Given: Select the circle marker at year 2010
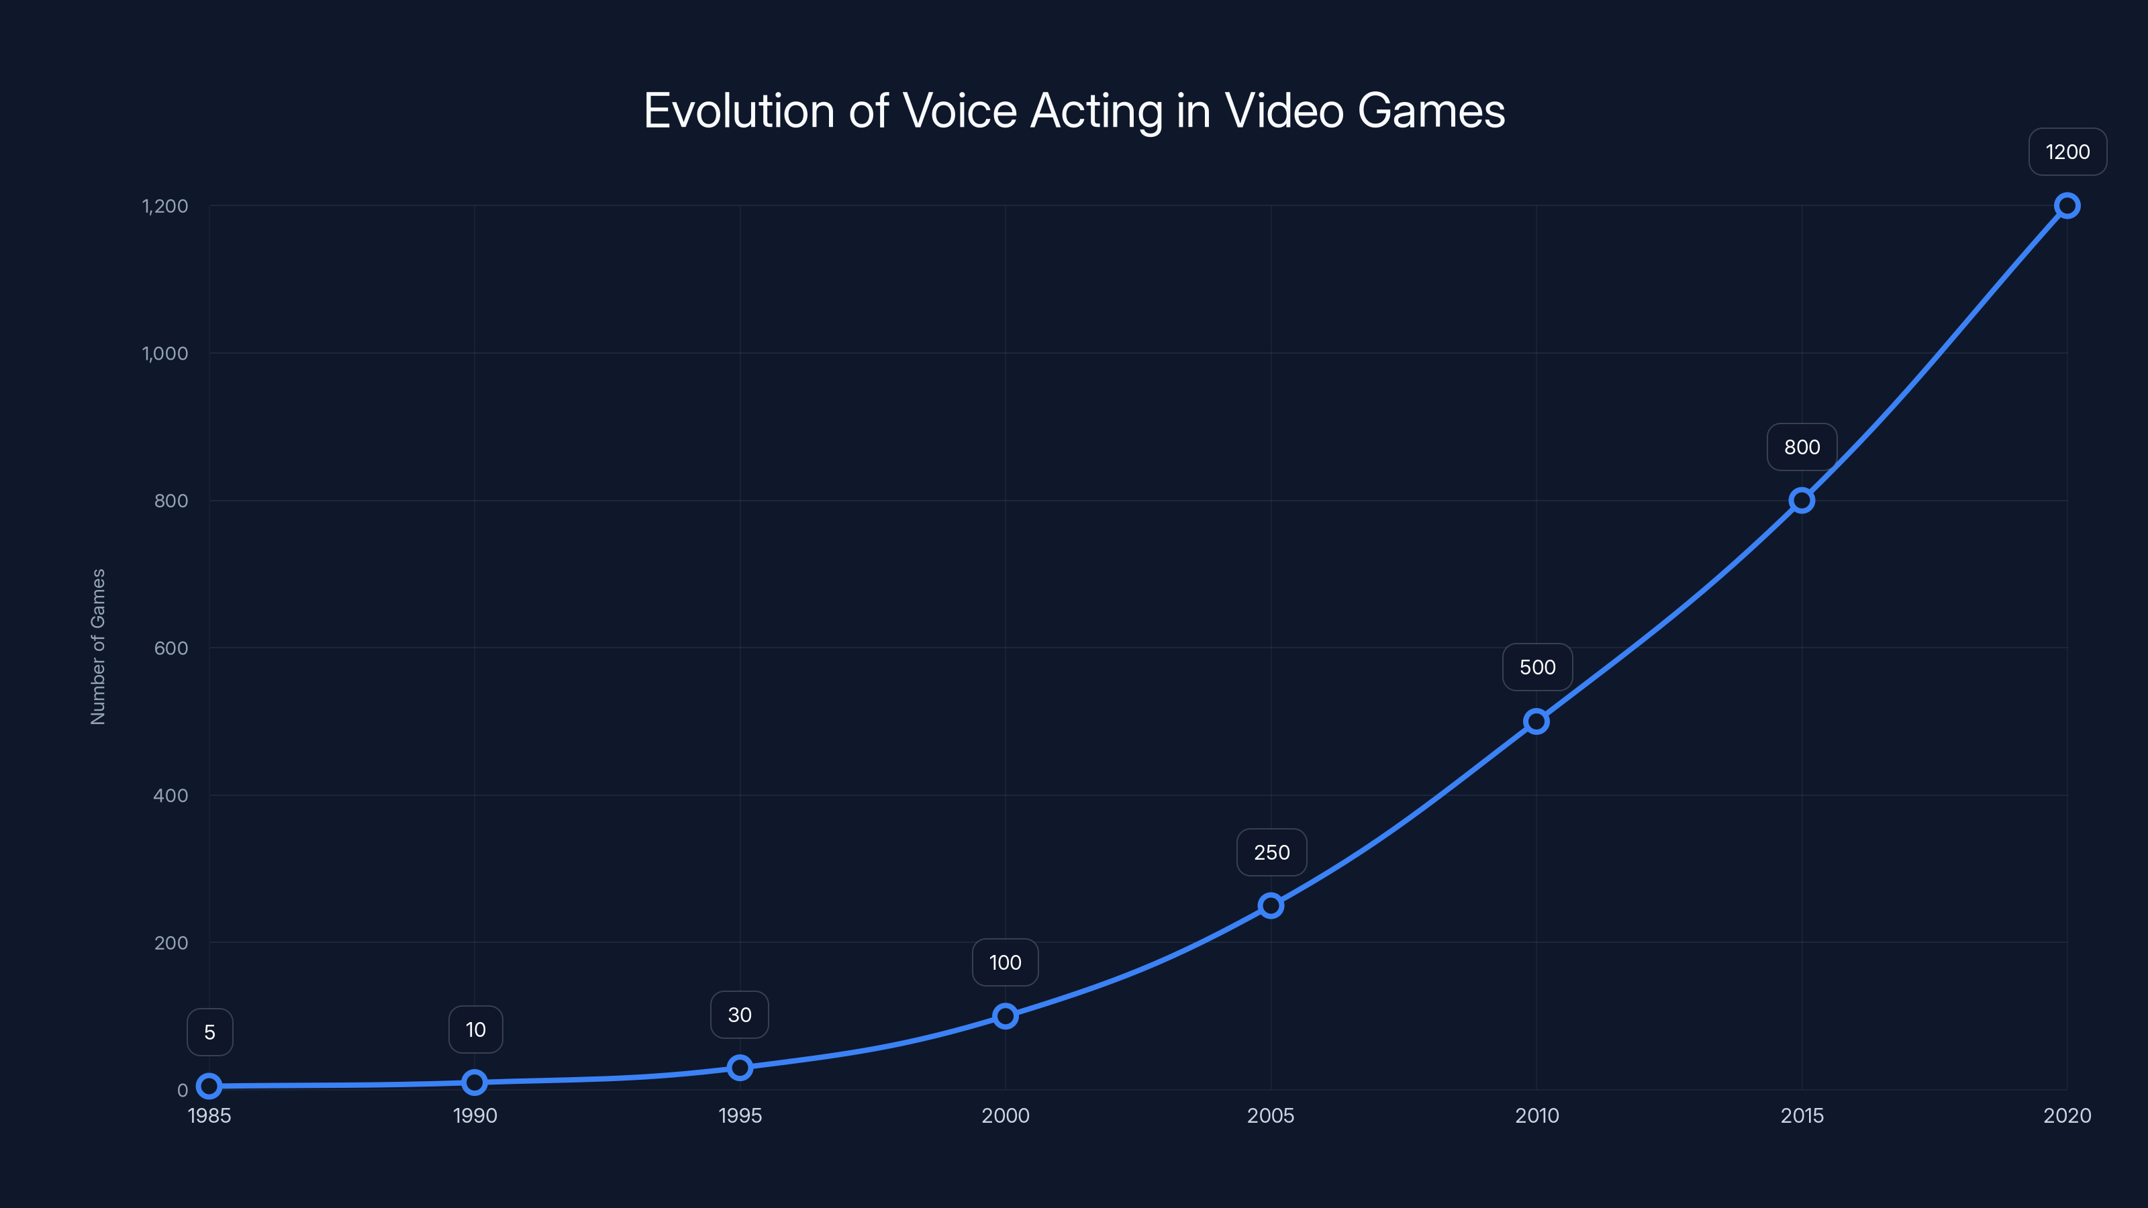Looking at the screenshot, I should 1536,721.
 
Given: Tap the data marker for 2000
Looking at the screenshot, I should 1005,1015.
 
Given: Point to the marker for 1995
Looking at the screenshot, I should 740,1067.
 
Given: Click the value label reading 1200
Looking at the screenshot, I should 2067,152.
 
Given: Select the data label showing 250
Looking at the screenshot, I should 1271,852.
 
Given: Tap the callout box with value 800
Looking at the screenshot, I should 1801,447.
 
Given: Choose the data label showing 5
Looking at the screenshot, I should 209,1032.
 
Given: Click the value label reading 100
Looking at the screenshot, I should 1005,962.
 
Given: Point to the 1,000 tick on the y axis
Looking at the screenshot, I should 165,354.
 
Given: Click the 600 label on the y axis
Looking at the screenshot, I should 171,648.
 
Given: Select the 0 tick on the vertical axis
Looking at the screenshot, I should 183,1090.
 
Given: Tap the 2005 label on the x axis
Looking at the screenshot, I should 1270,1115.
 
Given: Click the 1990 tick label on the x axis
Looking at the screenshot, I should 475,1115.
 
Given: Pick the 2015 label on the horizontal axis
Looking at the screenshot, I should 1801,1115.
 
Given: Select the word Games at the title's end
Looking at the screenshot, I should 1431,111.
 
